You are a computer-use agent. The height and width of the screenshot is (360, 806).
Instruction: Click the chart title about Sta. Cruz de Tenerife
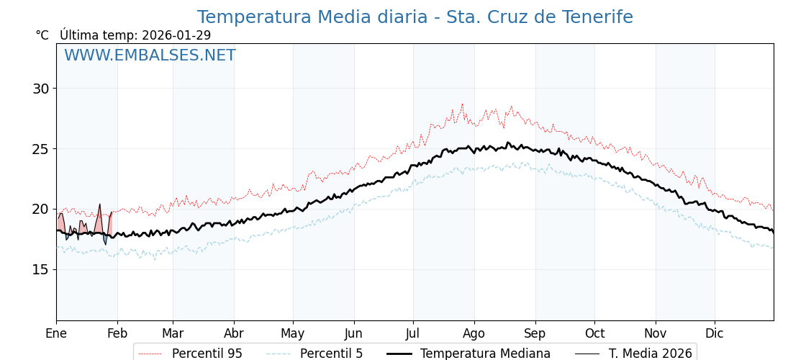click(x=415, y=17)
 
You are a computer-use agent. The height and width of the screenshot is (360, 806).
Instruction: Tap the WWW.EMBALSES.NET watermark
click(x=150, y=55)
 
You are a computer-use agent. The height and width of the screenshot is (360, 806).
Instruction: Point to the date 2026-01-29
click(x=176, y=35)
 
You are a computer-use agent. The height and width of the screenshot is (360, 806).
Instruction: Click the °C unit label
click(x=42, y=35)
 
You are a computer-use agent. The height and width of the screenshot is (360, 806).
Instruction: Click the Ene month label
click(x=56, y=333)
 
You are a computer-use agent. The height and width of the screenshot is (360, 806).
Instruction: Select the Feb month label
click(x=117, y=333)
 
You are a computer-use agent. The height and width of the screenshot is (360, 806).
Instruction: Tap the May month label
click(x=293, y=333)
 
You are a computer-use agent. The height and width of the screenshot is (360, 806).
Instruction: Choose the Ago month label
click(x=474, y=333)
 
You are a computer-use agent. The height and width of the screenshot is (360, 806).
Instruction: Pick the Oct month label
click(x=594, y=333)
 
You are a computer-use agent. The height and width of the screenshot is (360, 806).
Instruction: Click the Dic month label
click(x=715, y=333)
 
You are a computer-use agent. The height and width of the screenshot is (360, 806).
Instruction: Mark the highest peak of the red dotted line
click(x=462, y=104)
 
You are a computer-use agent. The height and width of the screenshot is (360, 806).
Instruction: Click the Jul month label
click(x=413, y=333)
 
